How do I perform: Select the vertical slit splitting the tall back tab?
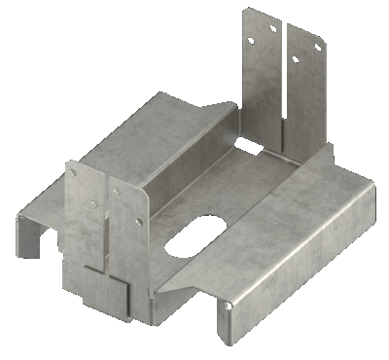point(285,78)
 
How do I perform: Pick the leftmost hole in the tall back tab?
point(249,42)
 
